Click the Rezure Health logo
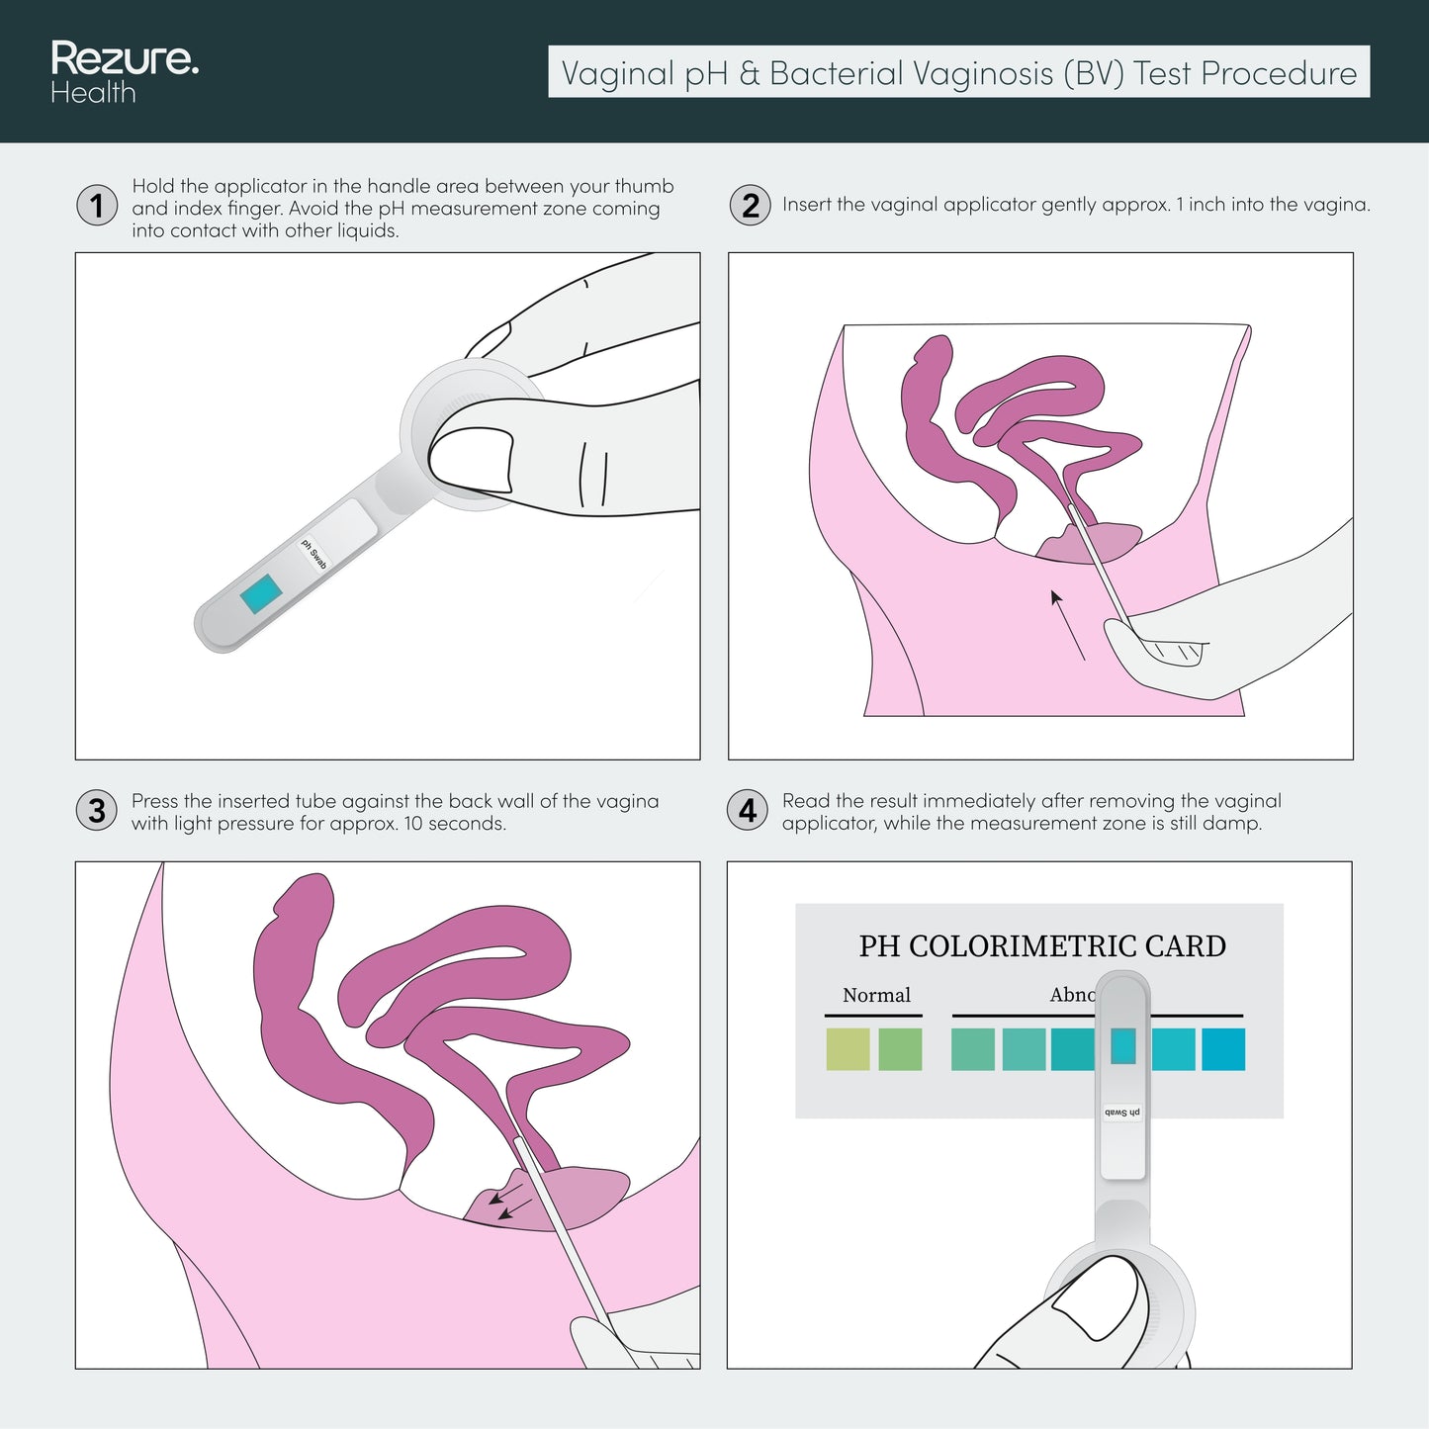point(124,72)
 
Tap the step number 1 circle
point(97,206)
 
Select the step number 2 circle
point(750,206)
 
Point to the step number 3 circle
point(97,811)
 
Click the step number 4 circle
point(747,811)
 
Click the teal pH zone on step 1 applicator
point(261,593)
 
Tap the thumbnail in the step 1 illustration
point(473,457)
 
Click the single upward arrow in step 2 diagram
point(1067,624)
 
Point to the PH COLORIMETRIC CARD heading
point(1041,946)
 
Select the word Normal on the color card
point(876,995)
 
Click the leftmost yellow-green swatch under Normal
point(848,1049)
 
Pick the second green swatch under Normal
point(900,1049)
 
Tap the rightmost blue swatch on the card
point(1222,1049)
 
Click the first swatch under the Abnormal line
point(972,1049)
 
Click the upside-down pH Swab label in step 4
point(1122,1113)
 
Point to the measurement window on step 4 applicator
point(1122,1046)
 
